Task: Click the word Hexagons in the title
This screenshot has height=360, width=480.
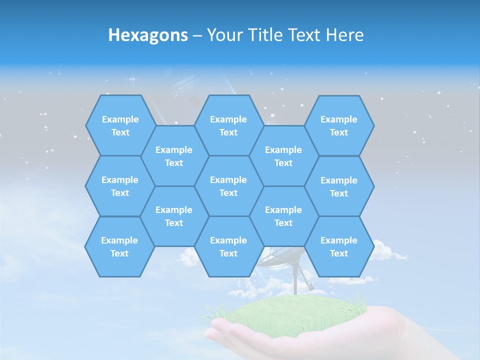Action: point(148,35)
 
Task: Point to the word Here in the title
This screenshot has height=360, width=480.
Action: point(345,35)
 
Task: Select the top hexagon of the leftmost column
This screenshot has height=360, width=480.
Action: point(120,125)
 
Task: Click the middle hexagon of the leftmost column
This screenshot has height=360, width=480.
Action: point(120,186)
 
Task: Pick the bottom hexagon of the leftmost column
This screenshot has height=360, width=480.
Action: point(119,246)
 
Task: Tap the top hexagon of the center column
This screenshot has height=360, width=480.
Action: point(228,125)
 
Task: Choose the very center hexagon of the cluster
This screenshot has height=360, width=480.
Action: point(228,186)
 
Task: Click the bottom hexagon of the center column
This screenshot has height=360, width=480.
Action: point(228,246)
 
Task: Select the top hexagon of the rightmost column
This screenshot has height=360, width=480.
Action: point(339,125)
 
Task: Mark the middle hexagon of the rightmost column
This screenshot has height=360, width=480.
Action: point(339,186)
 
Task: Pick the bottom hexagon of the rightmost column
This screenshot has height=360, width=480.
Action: point(339,246)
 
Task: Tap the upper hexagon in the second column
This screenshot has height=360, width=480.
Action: point(174,156)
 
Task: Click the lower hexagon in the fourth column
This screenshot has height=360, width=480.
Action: point(283,216)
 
